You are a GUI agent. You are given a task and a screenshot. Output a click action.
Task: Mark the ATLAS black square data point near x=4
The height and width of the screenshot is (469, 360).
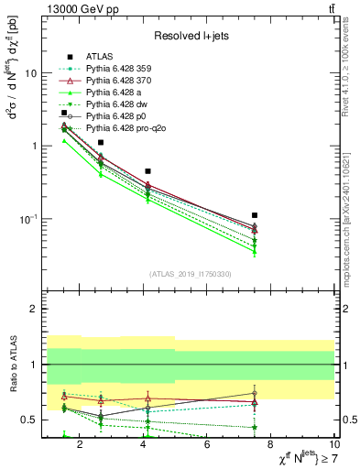click(147, 171)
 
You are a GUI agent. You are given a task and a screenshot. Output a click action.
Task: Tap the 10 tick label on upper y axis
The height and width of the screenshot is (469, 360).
click(30, 73)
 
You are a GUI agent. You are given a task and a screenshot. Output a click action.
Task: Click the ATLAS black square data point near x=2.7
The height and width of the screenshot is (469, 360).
click(101, 143)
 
